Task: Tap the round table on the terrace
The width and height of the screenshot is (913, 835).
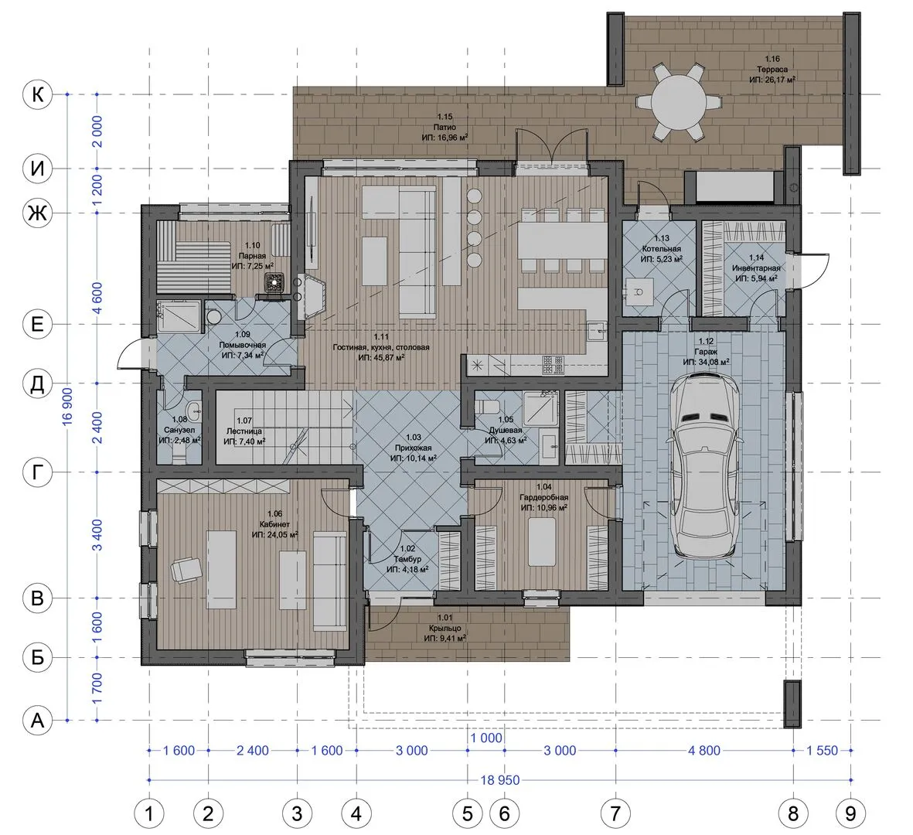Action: click(678, 103)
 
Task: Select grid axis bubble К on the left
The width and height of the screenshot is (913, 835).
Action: click(37, 94)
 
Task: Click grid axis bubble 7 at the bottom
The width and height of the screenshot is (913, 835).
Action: click(615, 813)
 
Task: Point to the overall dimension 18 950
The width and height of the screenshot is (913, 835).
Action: click(500, 779)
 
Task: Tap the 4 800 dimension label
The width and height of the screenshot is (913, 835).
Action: click(704, 751)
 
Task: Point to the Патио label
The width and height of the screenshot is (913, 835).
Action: click(445, 127)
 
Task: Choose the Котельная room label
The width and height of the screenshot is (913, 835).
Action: click(662, 249)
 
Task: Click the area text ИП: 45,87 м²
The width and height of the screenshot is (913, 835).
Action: click(381, 357)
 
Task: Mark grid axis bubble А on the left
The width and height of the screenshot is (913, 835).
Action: click(37, 721)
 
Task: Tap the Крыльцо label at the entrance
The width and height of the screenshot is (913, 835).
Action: click(445, 629)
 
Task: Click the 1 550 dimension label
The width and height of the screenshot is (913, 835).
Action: click(823, 751)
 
